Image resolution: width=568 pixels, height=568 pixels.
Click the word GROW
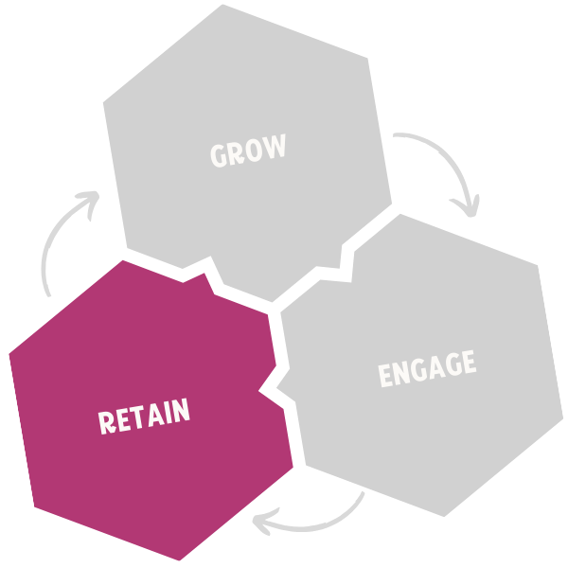point(248,151)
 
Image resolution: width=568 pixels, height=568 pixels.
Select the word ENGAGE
point(426,368)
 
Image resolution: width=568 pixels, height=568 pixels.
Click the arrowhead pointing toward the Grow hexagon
point(88,201)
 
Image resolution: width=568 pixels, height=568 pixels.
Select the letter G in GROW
point(219,155)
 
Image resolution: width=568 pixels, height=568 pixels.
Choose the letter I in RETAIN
point(169,413)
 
